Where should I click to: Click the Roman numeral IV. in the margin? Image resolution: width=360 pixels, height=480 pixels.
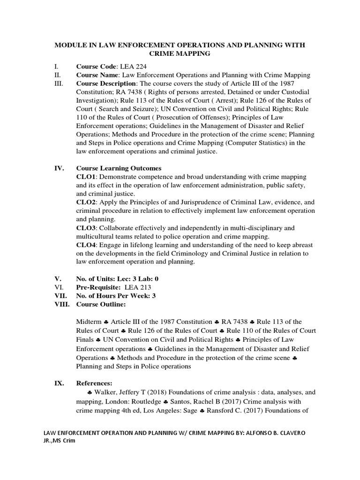60,168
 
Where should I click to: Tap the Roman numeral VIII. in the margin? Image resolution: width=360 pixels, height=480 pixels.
63,304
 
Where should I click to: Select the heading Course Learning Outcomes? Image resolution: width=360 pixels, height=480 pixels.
119,168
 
